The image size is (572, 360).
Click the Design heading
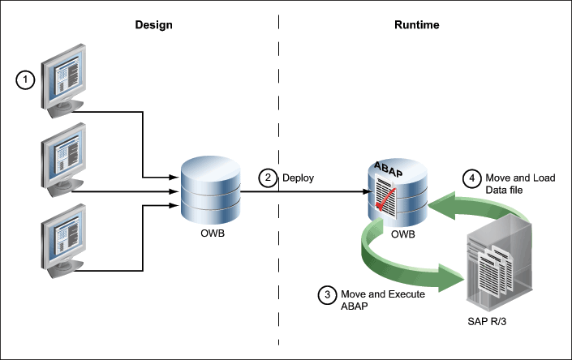click(x=153, y=25)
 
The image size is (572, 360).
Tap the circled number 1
click(x=27, y=79)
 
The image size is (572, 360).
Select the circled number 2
click(x=269, y=177)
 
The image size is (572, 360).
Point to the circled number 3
click(x=327, y=295)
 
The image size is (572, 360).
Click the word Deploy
click(x=297, y=177)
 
